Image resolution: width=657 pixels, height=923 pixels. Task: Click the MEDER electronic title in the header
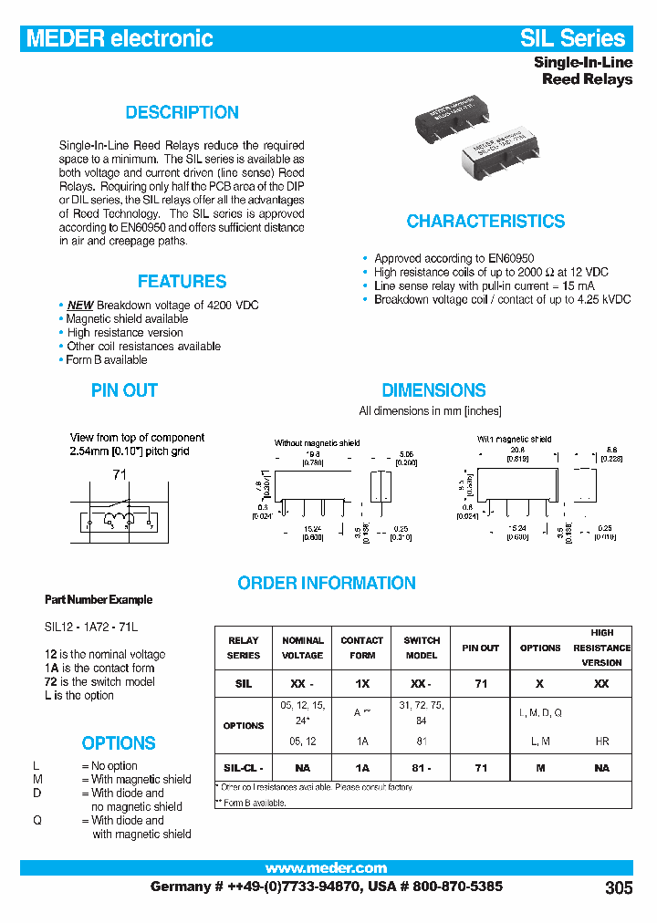point(120,38)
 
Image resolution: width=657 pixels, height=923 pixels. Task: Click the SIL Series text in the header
point(573,38)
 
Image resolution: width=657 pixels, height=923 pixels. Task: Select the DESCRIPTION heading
point(182,112)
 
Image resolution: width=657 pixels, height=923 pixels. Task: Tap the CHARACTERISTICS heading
point(485,222)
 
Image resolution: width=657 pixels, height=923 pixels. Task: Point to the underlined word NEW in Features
point(80,306)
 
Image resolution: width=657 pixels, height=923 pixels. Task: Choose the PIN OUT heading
point(124,390)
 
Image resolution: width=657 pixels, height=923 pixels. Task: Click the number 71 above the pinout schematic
point(120,474)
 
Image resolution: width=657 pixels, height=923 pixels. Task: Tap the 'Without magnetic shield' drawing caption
point(317,443)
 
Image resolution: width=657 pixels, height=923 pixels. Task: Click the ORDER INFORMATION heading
point(327,583)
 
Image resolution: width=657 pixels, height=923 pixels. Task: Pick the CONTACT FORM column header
point(361,648)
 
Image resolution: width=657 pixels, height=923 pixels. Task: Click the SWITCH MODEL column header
point(421,648)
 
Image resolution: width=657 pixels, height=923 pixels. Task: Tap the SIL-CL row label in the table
point(244,768)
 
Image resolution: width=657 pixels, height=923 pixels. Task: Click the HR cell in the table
point(601,742)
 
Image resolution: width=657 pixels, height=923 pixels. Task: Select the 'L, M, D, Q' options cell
point(540,712)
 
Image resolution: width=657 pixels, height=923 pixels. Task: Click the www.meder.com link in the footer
point(326,868)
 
